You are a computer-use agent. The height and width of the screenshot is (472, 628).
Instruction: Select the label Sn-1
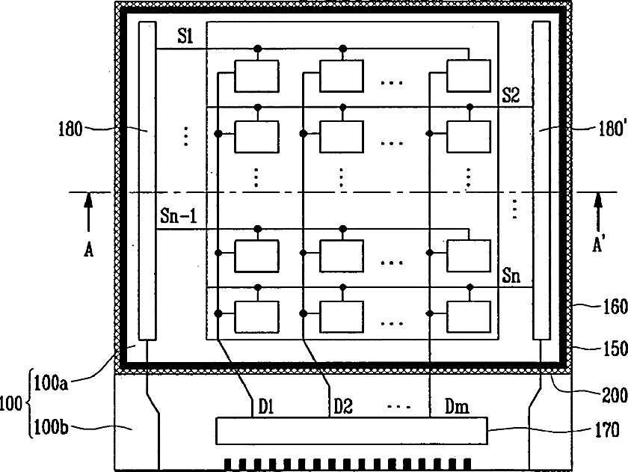coord(178,216)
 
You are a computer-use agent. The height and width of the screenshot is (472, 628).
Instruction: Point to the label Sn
coord(511,276)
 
